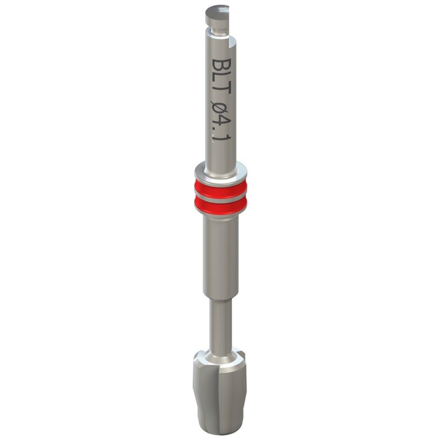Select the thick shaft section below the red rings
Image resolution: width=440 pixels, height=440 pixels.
(220, 258)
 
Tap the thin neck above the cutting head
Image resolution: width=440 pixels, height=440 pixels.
(220, 324)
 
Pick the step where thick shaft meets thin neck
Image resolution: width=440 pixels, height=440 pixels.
(220, 300)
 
